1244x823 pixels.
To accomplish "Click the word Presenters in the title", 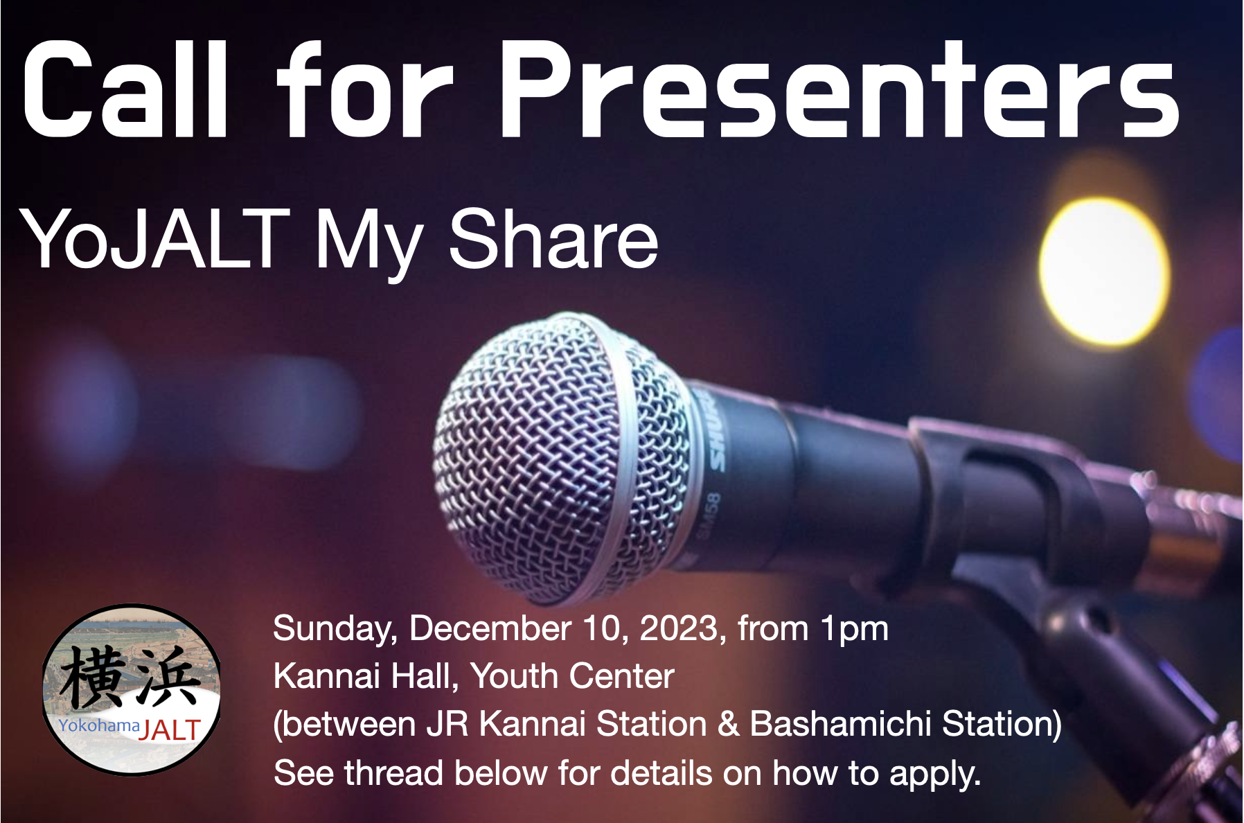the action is (x=840, y=90).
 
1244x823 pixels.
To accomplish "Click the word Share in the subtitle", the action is (x=553, y=239).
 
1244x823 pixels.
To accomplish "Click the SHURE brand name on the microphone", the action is (x=716, y=430).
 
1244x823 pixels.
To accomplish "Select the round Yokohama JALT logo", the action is (x=132, y=689).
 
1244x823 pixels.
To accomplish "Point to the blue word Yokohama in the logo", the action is (x=99, y=725).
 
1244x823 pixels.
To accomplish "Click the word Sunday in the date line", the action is (x=335, y=630).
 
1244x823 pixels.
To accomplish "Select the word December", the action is (x=490, y=628).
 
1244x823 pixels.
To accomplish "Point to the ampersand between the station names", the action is (x=729, y=724).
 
